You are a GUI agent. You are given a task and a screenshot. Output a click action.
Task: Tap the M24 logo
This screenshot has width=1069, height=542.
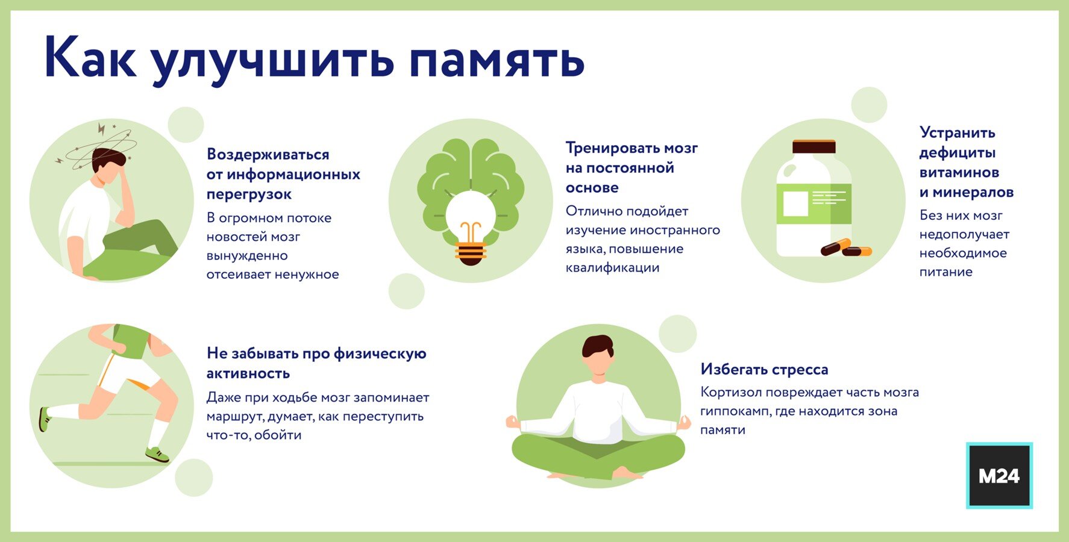(999, 476)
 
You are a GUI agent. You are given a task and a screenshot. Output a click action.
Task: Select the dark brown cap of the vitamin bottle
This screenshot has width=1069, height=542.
(814, 147)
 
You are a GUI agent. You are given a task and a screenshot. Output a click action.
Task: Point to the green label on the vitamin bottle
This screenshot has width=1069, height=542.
(814, 204)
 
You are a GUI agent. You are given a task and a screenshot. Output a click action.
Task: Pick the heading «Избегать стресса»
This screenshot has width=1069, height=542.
(764, 369)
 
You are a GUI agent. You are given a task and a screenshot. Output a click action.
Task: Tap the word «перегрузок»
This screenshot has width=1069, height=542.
(249, 195)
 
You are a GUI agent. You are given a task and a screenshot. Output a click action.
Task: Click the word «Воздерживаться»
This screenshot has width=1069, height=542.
(268, 155)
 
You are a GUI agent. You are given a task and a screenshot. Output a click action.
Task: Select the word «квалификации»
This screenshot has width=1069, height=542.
(612, 268)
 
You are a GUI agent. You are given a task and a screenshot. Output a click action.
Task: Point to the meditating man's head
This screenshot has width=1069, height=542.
(598, 355)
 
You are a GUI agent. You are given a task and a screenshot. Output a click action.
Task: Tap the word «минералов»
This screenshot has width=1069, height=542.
(973, 193)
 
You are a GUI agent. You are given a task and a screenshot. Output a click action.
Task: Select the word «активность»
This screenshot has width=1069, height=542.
(248, 373)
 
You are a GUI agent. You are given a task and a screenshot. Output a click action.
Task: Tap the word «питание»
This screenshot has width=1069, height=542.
(946, 272)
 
